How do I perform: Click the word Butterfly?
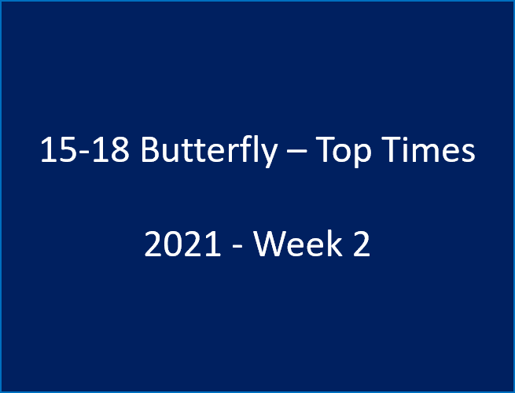208,149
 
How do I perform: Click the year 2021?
182,245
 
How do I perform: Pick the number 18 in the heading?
109,149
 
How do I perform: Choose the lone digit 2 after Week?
360,245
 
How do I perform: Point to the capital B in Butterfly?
150,149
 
